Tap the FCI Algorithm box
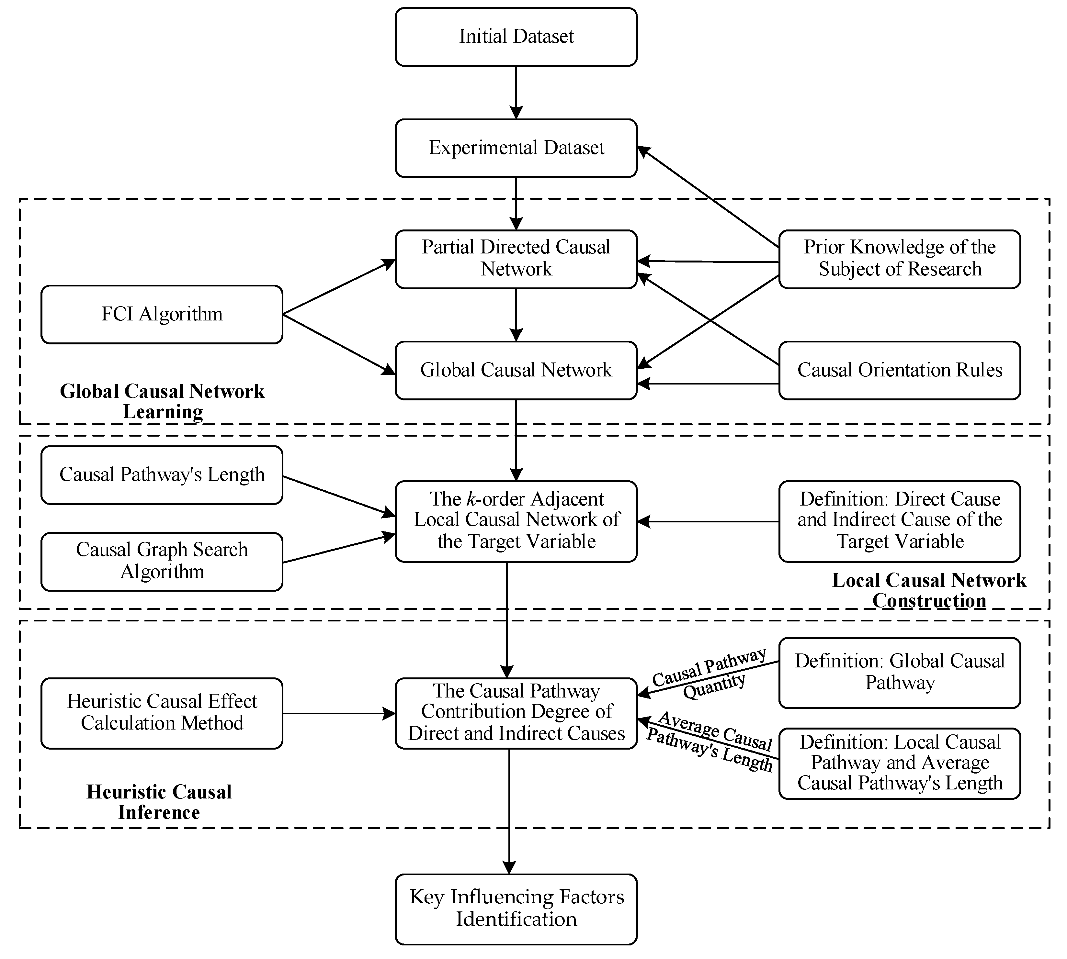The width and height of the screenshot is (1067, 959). click(162, 315)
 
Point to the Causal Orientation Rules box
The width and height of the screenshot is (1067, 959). click(899, 370)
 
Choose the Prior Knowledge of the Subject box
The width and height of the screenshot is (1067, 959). click(899, 259)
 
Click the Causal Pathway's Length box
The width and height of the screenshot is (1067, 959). click(162, 475)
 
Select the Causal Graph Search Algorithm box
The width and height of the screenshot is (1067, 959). click(162, 561)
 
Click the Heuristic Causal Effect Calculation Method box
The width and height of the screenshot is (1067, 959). click(162, 713)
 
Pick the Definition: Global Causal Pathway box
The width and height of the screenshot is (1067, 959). click(899, 672)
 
